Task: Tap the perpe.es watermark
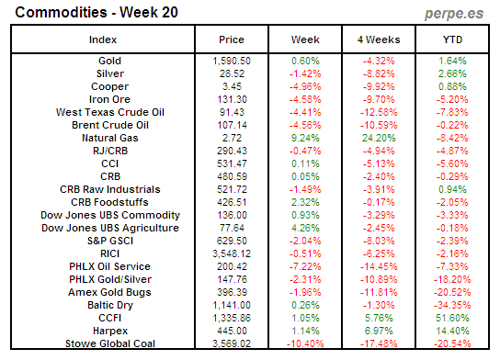coord(453,12)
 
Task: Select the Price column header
coord(232,40)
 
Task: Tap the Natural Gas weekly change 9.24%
coord(305,137)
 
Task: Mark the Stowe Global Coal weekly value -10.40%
coord(304,343)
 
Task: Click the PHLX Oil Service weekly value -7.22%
coord(305,266)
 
